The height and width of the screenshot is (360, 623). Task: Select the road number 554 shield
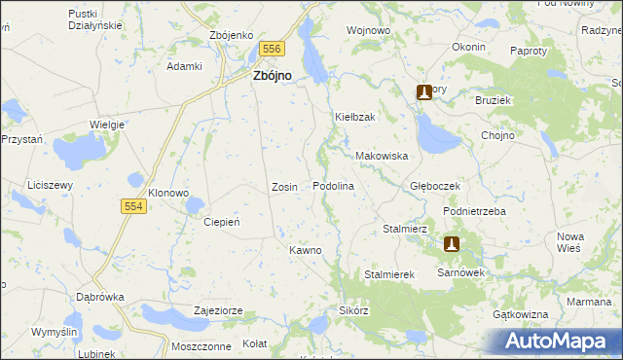[x=134, y=206]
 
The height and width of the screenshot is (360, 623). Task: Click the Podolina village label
[x=332, y=186]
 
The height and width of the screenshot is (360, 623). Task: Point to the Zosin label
[x=284, y=186]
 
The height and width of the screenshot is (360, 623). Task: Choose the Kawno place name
[x=305, y=250]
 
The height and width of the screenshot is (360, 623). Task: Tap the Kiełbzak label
[x=355, y=117]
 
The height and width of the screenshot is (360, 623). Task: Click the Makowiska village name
[x=381, y=156]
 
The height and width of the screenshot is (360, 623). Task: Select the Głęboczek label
[x=434, y=186]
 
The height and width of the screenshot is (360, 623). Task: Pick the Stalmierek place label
[x=389, y=275]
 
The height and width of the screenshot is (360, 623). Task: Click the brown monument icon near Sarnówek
[x=452, y=245]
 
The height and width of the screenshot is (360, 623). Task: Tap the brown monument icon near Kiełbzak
[x=424, y=92]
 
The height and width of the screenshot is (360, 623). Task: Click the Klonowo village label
[x=167, y=193]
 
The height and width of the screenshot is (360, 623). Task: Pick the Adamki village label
[x=184, y=66]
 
